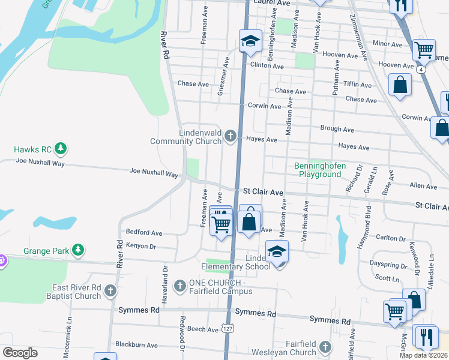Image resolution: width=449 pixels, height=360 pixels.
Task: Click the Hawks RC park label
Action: coord(32,148)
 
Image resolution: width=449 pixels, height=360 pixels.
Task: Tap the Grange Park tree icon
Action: coord(77,249)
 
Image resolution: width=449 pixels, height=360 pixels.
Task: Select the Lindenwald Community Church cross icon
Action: coord(230,137)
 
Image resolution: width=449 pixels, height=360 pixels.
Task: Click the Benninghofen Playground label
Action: coord(317,170)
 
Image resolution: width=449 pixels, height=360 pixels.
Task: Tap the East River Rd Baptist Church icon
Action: coord(110,291)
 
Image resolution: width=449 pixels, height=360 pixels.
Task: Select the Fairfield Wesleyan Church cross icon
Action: coord(325,347)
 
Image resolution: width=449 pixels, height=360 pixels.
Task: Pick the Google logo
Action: coord(20,353)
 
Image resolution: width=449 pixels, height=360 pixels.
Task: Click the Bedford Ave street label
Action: coord(144,232)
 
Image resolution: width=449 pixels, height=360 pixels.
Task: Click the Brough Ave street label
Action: coord(337,129)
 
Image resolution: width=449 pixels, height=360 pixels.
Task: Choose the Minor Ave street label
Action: coord(387,44)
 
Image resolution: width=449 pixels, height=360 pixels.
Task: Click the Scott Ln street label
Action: coord(387,278)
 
